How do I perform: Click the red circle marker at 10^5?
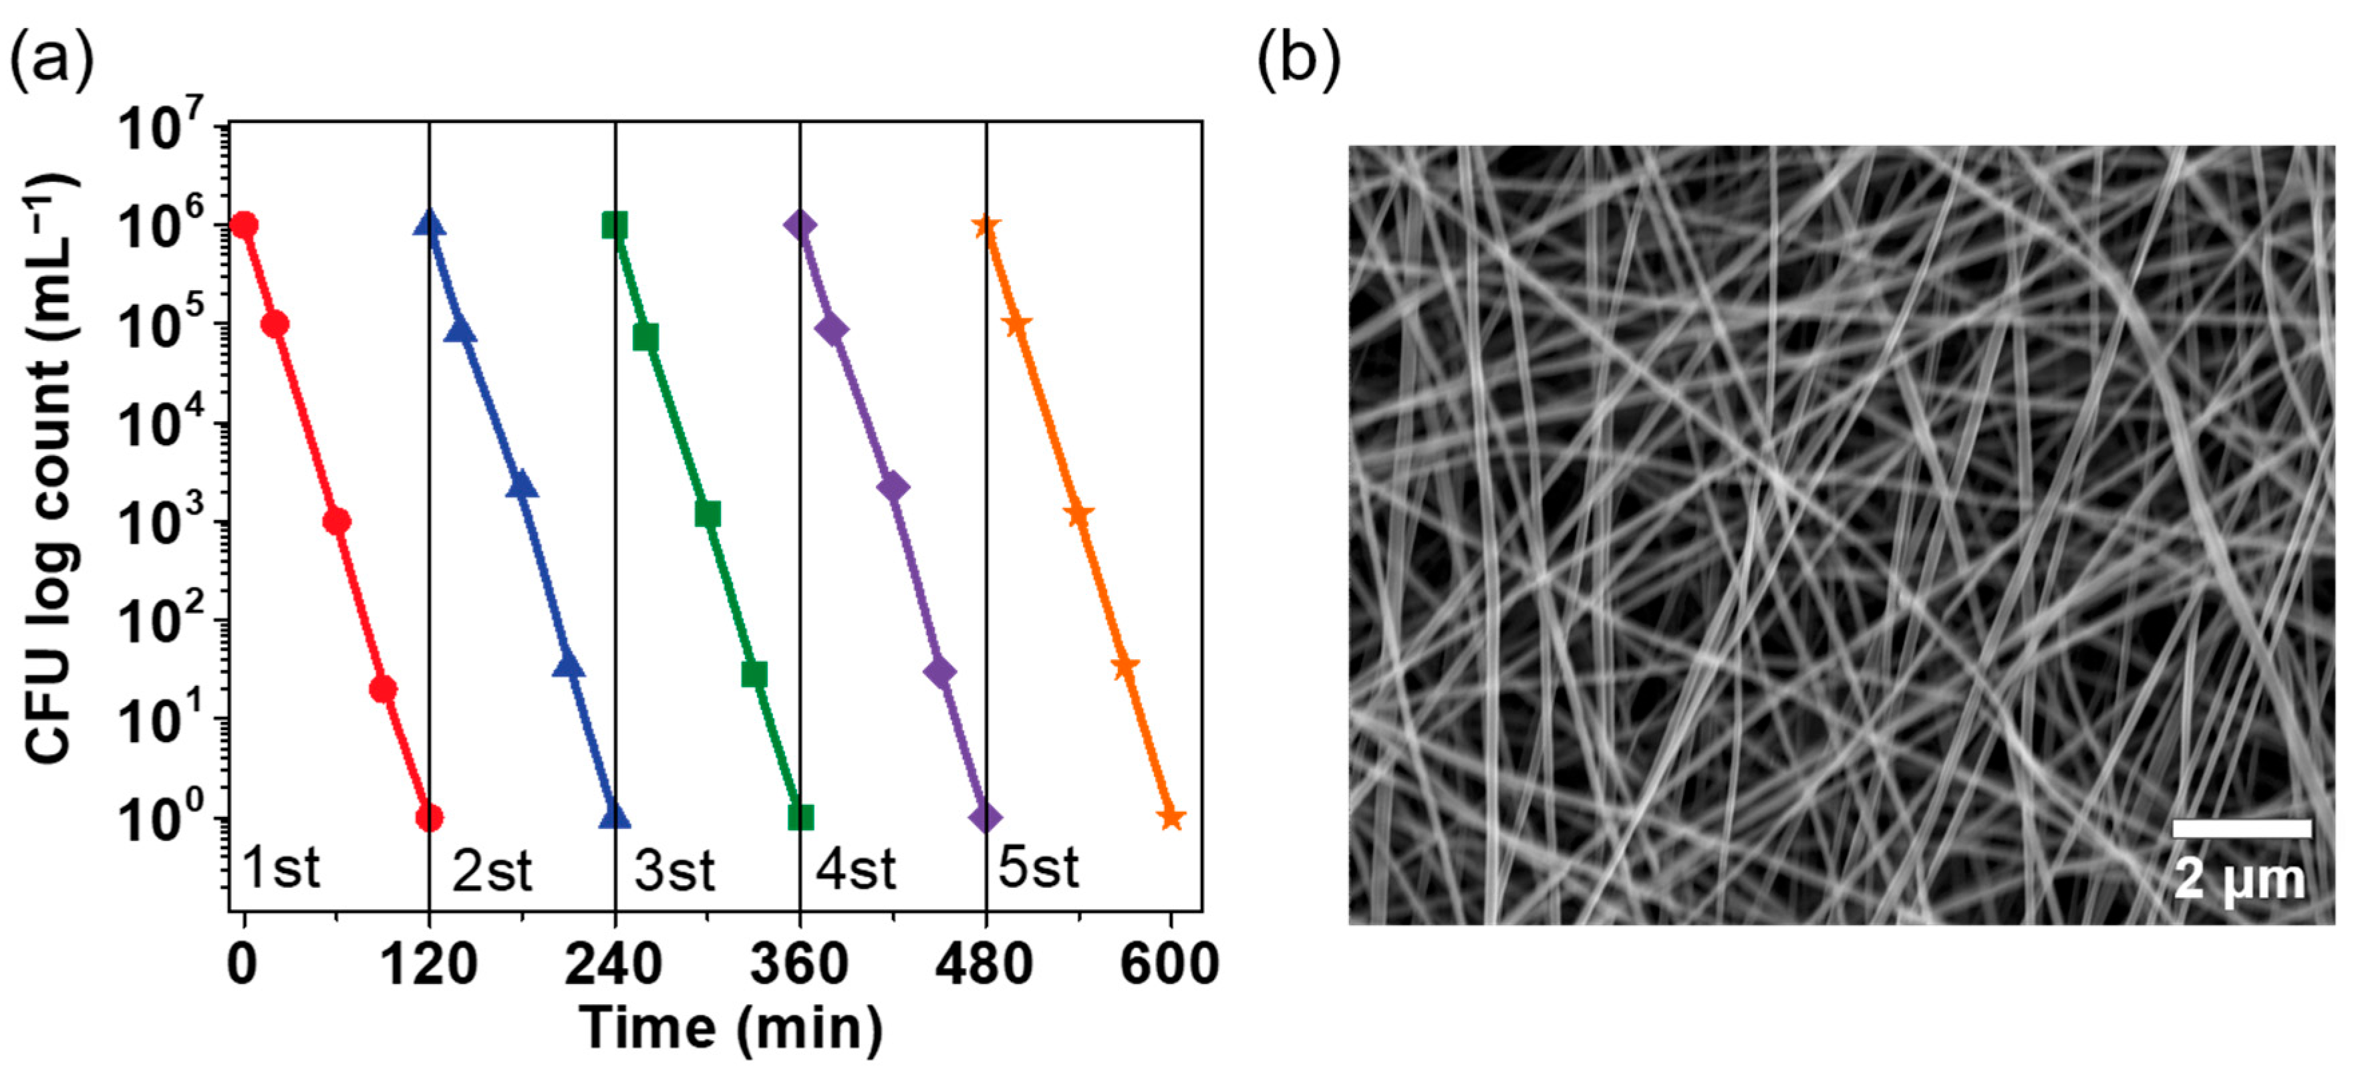(x=275, y=324)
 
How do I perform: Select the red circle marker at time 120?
(x=429, y=816)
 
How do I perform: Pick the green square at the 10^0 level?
(x=800, y=816)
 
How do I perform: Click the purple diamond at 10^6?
(x=800, y=225)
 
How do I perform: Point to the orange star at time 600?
(x=1171, y=816)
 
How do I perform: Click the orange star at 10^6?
(x=986, y=225)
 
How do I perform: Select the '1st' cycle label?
(x=281, y=868)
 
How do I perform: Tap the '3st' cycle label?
(x=674, y=870)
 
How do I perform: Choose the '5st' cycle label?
(x=1038, y=868)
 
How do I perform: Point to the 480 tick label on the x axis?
(x=984, y=965)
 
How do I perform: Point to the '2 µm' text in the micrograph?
(x=2240, y=879)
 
